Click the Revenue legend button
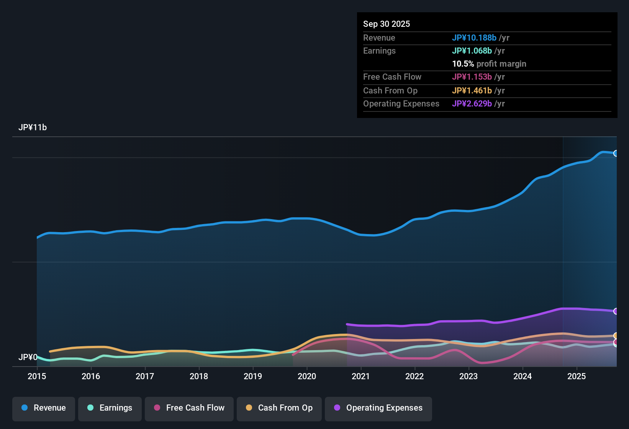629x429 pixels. click(44, 408)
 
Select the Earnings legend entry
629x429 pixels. click(110, 408)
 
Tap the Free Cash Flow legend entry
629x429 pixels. click(189, 408)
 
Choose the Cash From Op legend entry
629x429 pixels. click(279, 408)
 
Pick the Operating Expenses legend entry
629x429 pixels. click(378, 408)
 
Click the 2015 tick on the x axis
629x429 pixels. click(37, 376)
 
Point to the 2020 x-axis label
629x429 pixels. click(307, 376)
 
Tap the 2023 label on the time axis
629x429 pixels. click(468, 376)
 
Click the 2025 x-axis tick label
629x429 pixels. click(577, 376)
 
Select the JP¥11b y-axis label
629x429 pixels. click(33, 128)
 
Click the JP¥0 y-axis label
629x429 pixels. click(28, 357)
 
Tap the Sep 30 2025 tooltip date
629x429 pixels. click(387, 24)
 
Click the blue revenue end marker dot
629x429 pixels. click(616, 153)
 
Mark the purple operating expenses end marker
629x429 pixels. click(616, 311)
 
